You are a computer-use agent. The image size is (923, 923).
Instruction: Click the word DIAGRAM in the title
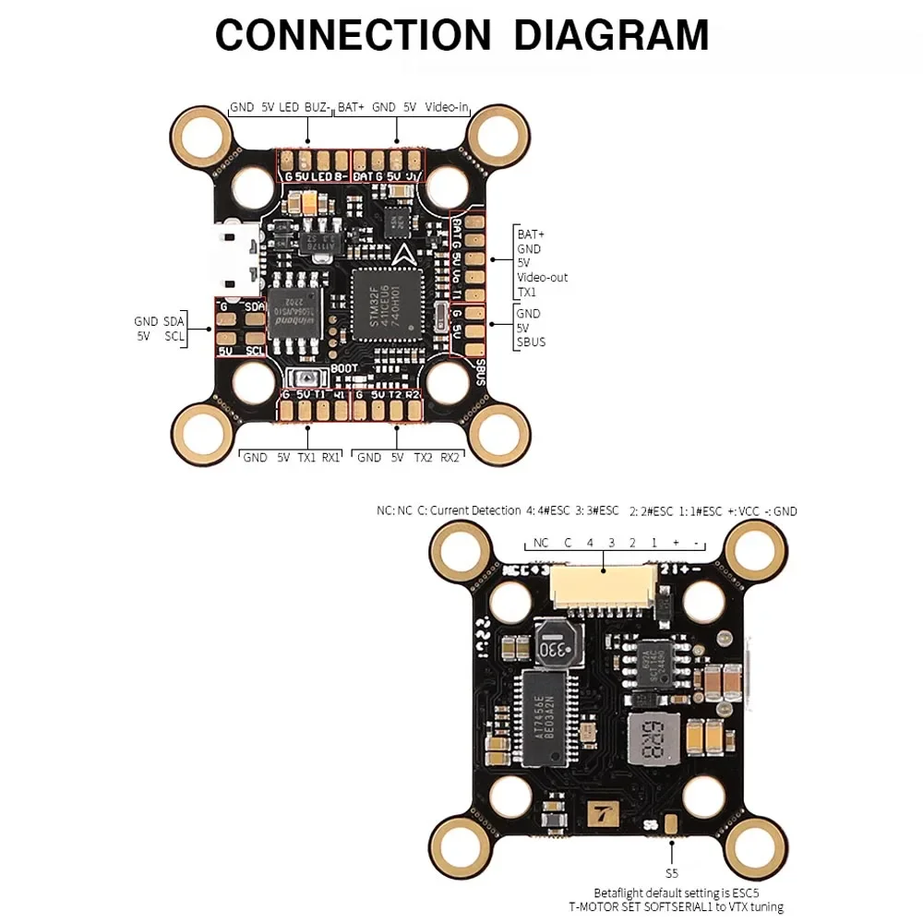tap(611, 34)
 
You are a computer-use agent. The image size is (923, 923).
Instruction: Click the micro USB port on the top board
tap(233, 260)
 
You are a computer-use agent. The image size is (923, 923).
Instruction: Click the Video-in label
tap(448, 107)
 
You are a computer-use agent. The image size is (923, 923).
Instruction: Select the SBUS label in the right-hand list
tap(531, 342)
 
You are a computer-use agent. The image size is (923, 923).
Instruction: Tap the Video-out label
tap(542, 277)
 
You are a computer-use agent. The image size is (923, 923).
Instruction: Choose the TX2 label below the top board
tap(423, 457)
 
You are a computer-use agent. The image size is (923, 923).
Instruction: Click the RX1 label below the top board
tap(330, 457)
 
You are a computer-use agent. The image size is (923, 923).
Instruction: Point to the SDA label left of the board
tap(174, 321)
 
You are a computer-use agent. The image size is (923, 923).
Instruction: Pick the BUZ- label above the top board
tap(317, 107)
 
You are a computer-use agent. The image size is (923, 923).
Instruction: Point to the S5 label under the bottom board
tap(671, 872)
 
